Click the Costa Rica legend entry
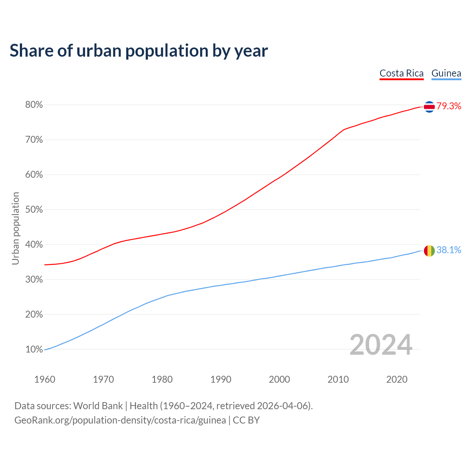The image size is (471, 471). [x=401, y=73]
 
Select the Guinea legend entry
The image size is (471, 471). [x=446, y=73]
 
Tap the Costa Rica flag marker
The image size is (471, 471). [x=429, y=107]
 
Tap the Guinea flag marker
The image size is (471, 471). [x=429, y=251]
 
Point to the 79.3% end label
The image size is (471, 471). [x=449, y=106]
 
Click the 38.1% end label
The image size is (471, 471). [x=449, y=250]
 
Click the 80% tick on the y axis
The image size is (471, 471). [x=34, y=105]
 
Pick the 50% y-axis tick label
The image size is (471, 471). [x=34, y=210]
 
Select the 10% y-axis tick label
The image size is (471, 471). [x=34, y=350]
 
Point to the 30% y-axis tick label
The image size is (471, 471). [x=34, y=280]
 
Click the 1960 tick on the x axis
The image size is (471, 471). [x=45, y=379]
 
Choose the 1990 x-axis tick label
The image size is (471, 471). [x=221, y=379]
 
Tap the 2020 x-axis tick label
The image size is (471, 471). [x=397, y=379]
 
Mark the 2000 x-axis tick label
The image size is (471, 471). [x=279, y=379]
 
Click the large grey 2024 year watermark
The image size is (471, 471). [x=380, y=345]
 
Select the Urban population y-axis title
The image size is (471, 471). [x=15, y=228]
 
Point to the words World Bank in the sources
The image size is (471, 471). [x=98, y=406]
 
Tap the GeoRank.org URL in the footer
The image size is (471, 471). [x=120, y=420]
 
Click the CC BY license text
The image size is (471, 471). [x=246, y=420]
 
